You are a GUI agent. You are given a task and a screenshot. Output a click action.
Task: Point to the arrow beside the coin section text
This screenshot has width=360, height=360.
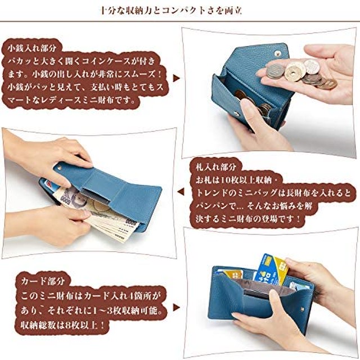pos(175,79)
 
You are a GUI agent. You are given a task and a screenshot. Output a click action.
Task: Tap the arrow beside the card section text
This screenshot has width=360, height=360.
pos(176,309)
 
